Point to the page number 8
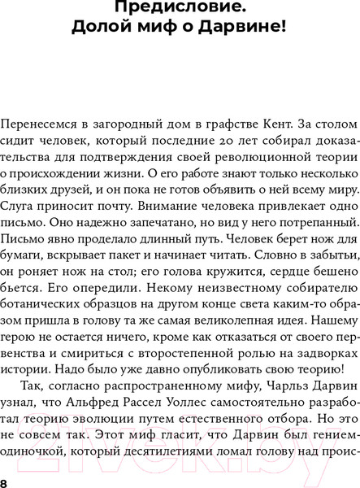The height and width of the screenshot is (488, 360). [x=5, y=484]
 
